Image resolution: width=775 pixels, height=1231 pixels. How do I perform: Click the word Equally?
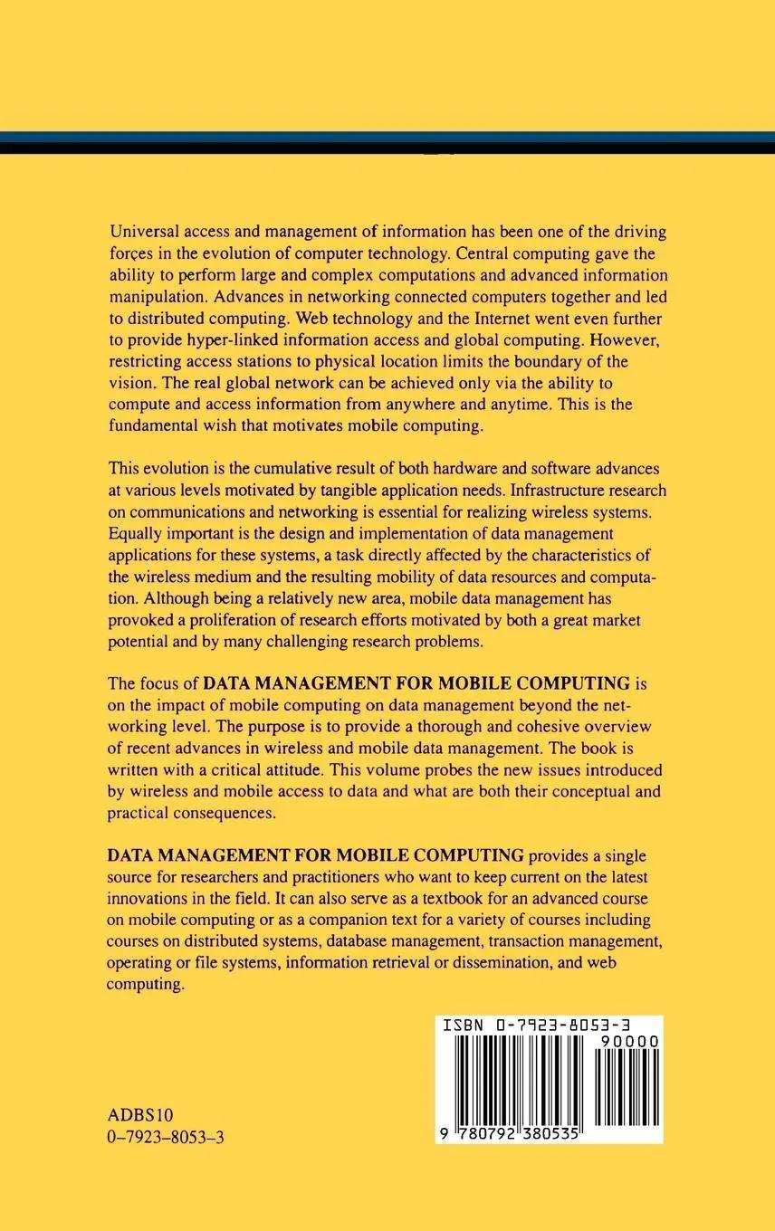coord(137,534)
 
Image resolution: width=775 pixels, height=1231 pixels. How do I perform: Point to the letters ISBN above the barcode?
coord(464,1026)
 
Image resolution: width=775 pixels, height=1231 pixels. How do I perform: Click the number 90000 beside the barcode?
coord(628,1043)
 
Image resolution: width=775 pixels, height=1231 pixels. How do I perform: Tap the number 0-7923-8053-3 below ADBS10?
coord(165,1137)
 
